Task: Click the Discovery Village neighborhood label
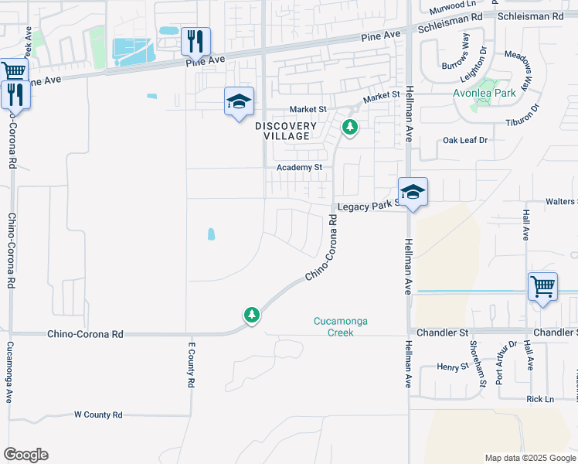(287, 131)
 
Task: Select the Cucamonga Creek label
(339, 326)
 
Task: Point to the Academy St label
(300, 167)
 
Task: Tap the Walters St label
(561, 201)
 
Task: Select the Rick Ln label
(540, 399)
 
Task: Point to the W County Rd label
(98, 415)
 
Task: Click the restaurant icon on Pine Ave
(195, 40)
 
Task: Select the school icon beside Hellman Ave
(413, 193)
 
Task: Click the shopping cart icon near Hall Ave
(542, 286)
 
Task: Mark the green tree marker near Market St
(350, 127)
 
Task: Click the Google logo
(25, 455)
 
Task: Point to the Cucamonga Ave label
(10, 373)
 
